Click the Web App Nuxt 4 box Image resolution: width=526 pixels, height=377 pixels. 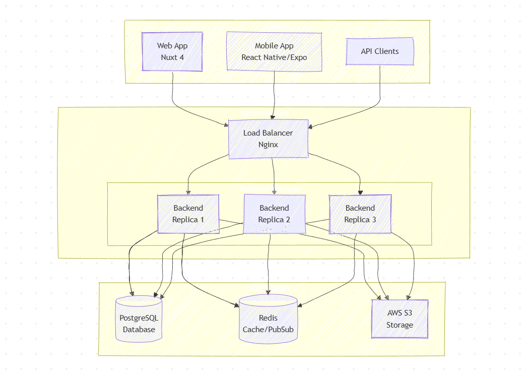tap(172, 51)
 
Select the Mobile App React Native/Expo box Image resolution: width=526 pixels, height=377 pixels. tap(274, 51)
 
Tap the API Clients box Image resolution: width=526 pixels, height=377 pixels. tap(379, 51)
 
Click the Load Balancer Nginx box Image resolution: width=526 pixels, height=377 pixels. tap(268, 139)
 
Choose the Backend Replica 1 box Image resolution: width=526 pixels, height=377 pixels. tap(188, 214)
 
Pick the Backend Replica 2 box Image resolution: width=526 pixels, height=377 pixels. tap(274, 214)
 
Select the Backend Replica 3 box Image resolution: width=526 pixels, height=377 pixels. tap(360, 214)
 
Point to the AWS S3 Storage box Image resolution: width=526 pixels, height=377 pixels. tap(400, 319)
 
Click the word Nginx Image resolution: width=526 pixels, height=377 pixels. tap(268, 145)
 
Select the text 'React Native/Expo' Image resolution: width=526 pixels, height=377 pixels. tap(274, 57)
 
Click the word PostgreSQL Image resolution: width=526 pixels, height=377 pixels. tap(139, 318)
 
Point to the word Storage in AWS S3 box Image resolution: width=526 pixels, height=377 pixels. tap(400, 325)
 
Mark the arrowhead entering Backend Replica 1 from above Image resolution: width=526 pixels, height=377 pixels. tap(188, 192)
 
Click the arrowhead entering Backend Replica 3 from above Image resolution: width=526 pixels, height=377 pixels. tap(360, 192)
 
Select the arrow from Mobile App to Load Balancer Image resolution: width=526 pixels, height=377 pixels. tap(274, 96)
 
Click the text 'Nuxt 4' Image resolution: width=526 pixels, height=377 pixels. tap(172, 57)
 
